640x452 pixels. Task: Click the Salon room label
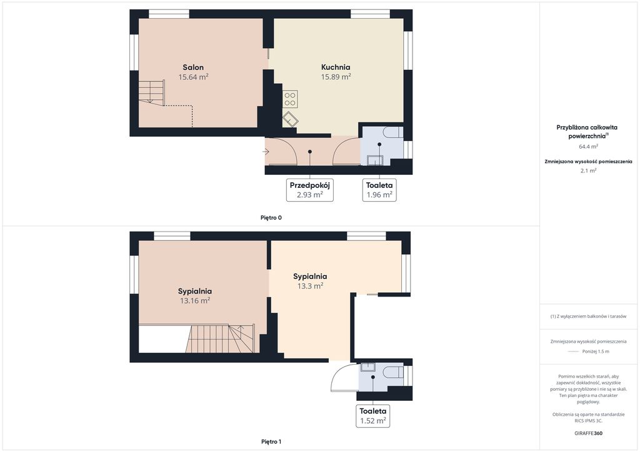[193, 67]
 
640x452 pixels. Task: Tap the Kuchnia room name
[336, 67]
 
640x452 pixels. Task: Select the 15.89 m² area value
[336, 77]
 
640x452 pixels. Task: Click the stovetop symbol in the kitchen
[290, 99]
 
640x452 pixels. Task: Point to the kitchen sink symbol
[290, 119]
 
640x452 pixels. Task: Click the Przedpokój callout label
[310, 185]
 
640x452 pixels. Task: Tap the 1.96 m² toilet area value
[379, 195]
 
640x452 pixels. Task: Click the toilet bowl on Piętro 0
[394, 132]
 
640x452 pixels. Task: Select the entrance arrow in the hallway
[266, 152]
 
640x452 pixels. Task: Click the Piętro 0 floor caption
[271, 218]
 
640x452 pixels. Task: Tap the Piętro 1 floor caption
[271, 442]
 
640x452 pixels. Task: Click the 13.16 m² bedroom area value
[195, 301]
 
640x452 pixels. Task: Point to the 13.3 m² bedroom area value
[310, 286]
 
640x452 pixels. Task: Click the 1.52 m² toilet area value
[373, 421]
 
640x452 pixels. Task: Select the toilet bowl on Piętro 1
[394, 372]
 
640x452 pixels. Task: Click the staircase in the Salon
[151, 92]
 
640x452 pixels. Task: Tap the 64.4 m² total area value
[589, 146]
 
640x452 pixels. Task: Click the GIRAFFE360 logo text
[588, 433]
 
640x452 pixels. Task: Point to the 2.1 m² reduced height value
[589, 171]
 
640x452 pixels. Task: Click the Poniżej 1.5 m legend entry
[596, 351]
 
